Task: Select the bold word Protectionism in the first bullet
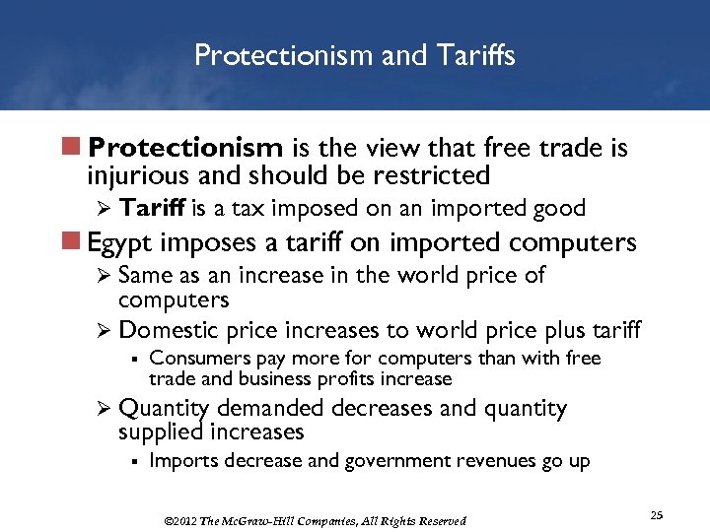(x=185, y=148)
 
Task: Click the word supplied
(x=163, y=432)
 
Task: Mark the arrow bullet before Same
(x=103, y=276)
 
